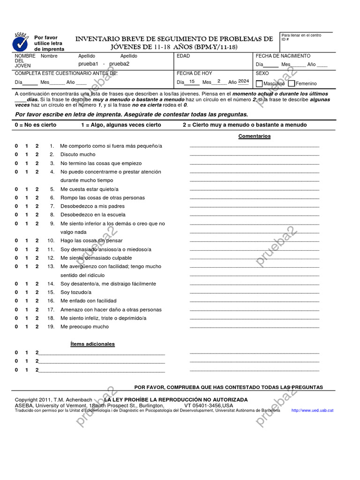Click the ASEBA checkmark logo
point(20,42)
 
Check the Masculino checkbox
point(259,83)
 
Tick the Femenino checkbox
point(291,83)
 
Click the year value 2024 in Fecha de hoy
point(243,82)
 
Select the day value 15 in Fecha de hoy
point(192,82)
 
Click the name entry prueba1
point(88,64)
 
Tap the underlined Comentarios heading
point(254,136)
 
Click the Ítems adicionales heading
point(92,344)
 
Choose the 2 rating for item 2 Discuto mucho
point(37,155)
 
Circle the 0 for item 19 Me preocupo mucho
point(16,327)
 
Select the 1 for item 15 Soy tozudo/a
point(26,292)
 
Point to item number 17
point(51,310)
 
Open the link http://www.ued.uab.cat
point(312,410)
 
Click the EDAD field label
point(183,56)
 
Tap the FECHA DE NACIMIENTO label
point(283,56)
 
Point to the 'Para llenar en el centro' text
point(301,35)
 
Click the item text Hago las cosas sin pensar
point(91,241)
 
